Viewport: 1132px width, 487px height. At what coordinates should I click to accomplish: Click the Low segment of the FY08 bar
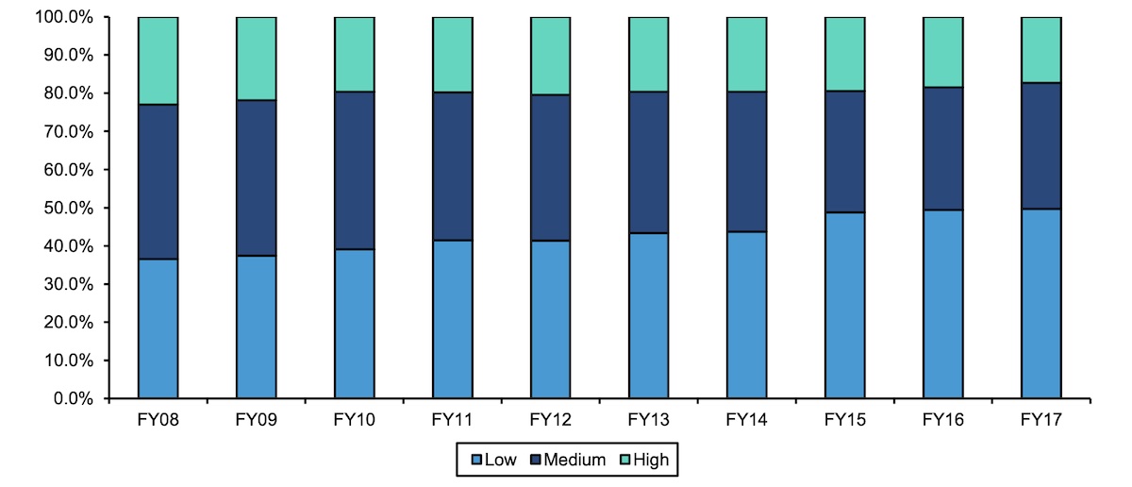click(158, 328)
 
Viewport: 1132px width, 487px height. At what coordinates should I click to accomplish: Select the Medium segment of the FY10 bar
click(354, 170)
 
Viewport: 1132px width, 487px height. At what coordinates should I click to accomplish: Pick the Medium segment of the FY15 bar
click(844, 151)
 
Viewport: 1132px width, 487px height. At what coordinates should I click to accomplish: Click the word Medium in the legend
click(573, 461)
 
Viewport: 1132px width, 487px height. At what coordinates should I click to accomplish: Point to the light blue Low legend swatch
click(475, 461)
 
